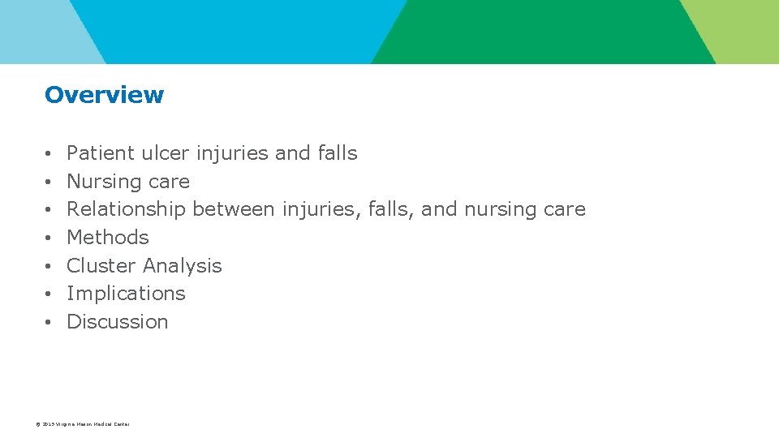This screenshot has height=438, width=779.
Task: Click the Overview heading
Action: point(104,95)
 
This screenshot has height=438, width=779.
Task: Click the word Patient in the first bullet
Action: point(101,153)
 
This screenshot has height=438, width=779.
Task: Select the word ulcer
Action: point(165,153)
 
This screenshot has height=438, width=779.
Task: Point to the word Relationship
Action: point(126,209)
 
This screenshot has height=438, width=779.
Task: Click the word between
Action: point(234,209)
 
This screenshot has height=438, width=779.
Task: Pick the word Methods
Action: point(108,238)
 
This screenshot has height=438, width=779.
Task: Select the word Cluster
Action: point(101,266)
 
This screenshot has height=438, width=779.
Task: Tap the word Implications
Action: point(126,294)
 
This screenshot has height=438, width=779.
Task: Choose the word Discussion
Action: point(117,322)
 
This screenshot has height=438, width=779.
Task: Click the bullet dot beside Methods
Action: point(49,238)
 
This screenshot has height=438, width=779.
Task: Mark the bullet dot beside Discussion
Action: point(49,323)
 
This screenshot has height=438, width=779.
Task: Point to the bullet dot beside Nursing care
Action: point(49,182)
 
